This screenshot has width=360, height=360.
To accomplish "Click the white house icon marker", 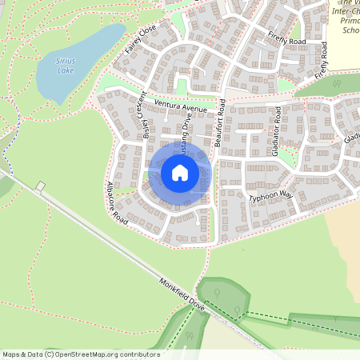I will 180,173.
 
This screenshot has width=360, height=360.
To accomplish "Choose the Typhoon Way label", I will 271,197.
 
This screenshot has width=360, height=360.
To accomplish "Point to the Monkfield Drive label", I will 182,294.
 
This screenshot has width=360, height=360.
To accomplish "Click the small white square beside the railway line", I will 41,186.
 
